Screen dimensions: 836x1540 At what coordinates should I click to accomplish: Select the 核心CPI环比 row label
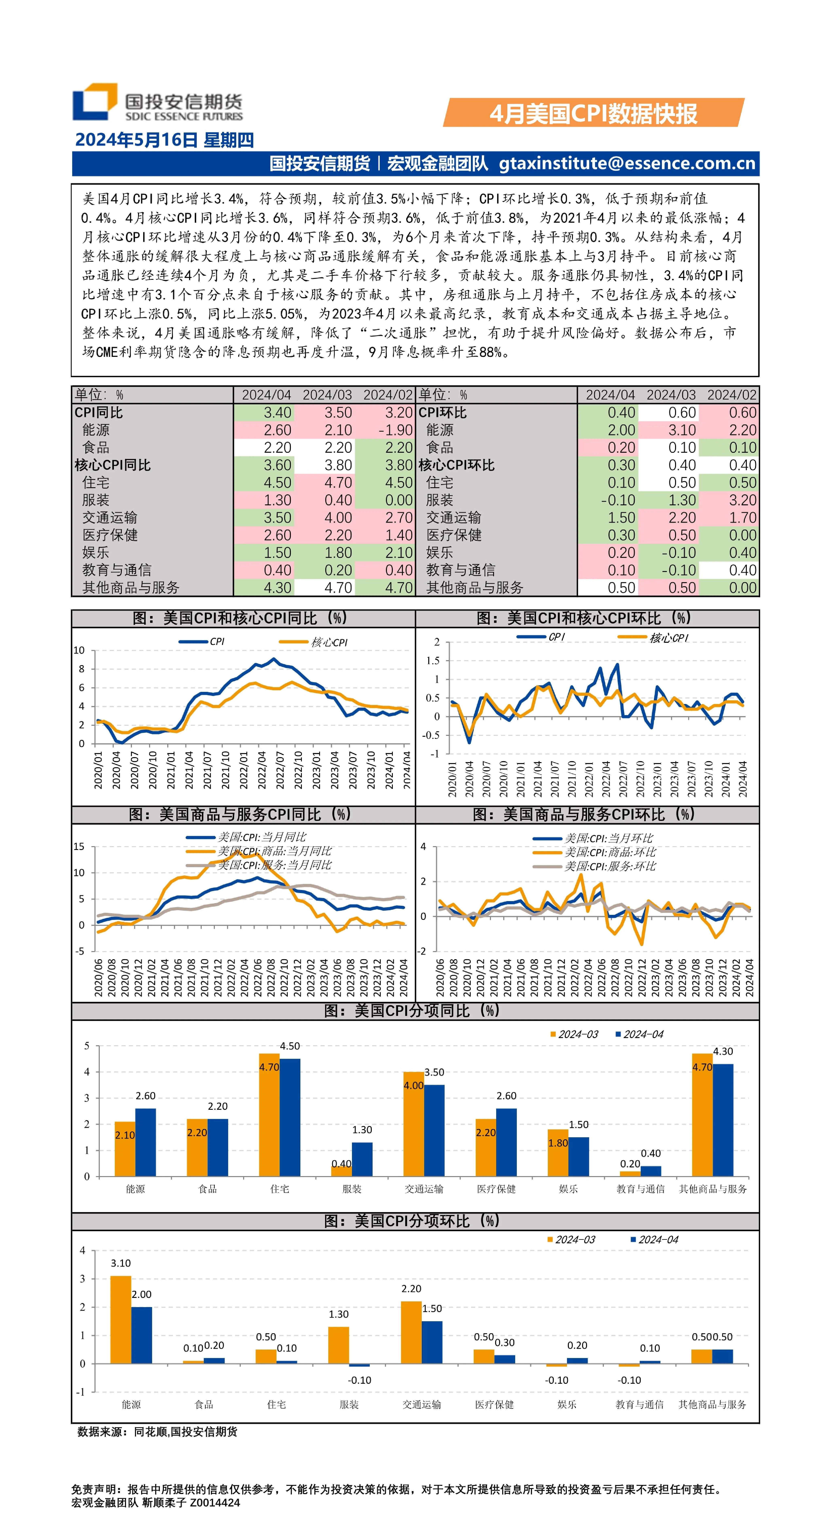[456, 465]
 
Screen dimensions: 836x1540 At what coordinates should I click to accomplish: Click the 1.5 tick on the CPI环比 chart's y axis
[432, 661]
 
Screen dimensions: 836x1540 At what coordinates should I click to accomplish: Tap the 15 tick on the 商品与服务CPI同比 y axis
[79, 847]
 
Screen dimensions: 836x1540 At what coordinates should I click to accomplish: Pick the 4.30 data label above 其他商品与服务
[723, 1052]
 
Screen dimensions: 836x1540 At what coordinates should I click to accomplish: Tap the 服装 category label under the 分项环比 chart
[349, 1404]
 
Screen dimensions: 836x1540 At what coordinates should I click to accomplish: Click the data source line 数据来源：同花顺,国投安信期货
[157, 1432]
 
